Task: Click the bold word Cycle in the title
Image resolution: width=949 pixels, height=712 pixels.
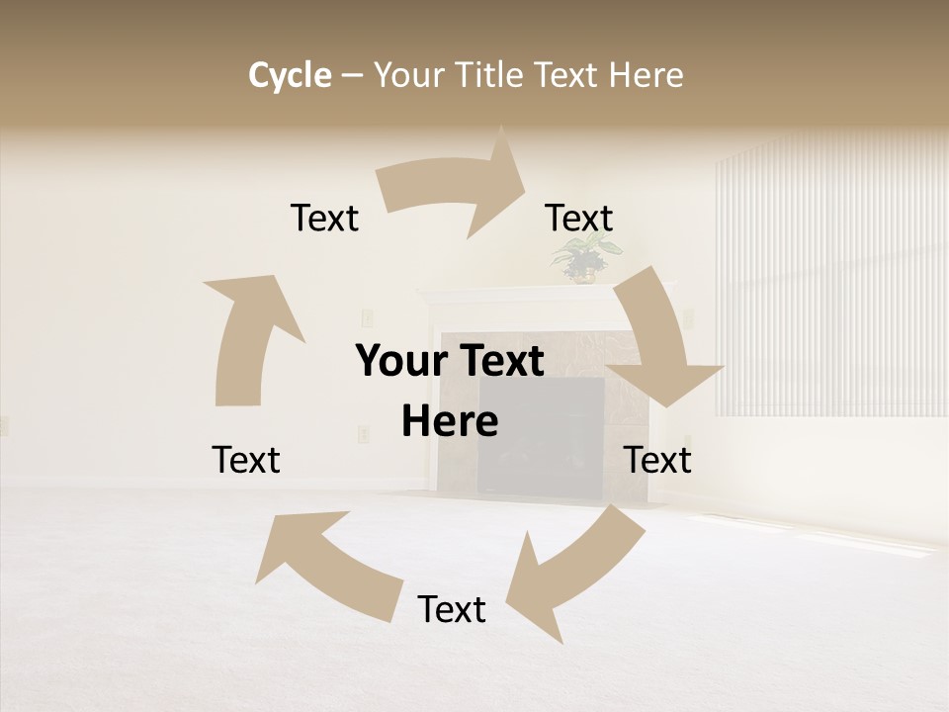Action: (x=290, y=75)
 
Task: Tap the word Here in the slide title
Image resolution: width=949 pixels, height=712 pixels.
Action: (x=646, y=75)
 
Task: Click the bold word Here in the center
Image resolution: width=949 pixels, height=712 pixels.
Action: (x=450, y=421)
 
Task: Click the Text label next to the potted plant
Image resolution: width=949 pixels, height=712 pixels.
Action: (x=579, y=218)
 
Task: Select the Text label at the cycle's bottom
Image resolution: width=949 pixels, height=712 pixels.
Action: (x=452, y=609)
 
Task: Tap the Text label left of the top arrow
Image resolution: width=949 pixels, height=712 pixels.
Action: (x=324, y=218)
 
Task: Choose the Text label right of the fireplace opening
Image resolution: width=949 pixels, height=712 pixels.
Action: (x=657, y=460)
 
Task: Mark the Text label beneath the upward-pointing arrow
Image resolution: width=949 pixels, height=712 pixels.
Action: (x=246, y=460)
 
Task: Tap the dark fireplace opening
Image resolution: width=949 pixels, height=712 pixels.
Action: (x=541, y=435)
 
